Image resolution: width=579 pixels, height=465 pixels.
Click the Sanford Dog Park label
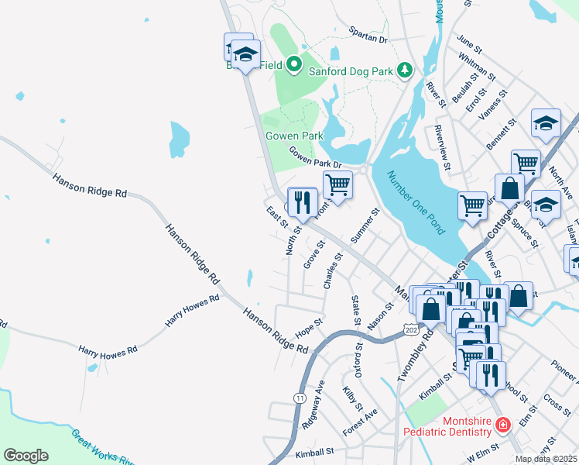point(351,71)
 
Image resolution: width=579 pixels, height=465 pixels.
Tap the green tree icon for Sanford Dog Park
point(404,71)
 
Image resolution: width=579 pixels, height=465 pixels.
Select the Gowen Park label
point(294,136)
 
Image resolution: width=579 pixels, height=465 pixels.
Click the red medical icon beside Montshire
point(502,425)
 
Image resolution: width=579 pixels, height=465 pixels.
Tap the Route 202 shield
point(411,331)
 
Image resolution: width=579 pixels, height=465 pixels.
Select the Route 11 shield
point(299,398)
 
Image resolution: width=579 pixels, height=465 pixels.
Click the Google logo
point(26,456)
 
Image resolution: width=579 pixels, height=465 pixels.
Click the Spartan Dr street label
point(368,38)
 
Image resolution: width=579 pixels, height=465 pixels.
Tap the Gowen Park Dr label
point(315,157)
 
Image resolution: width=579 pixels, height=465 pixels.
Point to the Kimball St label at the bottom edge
point(314,450)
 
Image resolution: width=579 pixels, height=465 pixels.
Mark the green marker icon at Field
point(293,64)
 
